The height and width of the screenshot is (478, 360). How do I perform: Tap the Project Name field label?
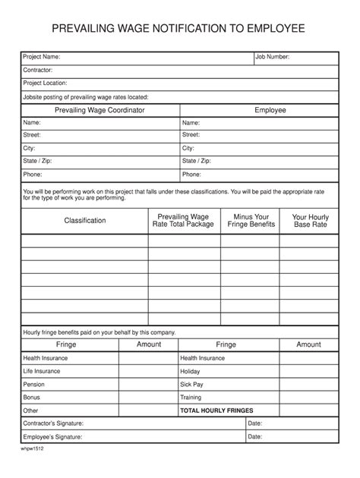click(x=42, y=57)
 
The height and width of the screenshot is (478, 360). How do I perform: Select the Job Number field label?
click(x=273, y=57)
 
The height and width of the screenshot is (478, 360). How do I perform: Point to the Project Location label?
click(x=46, y=83)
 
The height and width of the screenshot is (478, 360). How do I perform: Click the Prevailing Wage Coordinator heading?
click(x=99, y=110)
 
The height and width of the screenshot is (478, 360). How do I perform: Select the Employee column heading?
click(x=270, y=110)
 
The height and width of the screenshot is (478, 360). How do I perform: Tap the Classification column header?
click(x=84, y=221)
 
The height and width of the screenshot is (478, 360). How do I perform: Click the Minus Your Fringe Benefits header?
click(x=252, y=221)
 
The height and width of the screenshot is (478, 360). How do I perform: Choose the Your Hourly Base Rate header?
click(x=310, y=221)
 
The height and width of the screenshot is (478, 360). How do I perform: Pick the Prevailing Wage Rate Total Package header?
click(x=183, y=221)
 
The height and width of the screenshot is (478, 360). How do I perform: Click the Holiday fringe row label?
click(x=190, y=372)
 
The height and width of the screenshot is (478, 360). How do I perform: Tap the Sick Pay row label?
click(x=191, y=385)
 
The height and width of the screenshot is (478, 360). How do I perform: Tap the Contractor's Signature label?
click(x=53, y=423)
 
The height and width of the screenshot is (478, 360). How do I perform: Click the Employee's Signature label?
click(x=52, y=437)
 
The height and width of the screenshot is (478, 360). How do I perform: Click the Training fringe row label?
click(x=191, y=398)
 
